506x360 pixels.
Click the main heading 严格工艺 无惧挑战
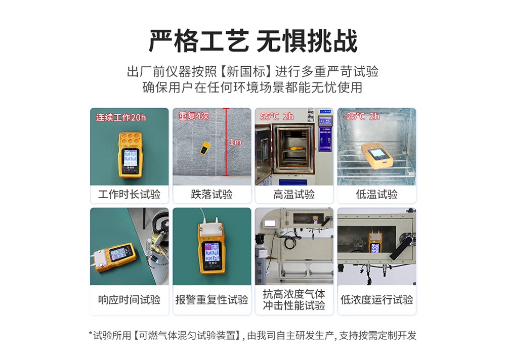[252, 40]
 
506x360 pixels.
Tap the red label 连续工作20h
[121, 117]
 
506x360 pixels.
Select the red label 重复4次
[194, 116]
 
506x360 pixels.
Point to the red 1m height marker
[235, 142]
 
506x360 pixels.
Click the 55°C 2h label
[277, 116]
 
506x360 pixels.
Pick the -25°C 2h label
[361, 116]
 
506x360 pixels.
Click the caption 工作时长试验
[129, 194]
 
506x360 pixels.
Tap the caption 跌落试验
[212, 194]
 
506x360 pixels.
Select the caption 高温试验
[294, 194]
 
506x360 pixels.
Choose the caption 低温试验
[376, 194]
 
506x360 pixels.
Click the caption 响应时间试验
[129, 299]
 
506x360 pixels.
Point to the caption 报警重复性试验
[212, 299]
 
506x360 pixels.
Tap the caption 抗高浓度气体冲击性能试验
[294, 299]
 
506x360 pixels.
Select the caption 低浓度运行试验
[376, 299]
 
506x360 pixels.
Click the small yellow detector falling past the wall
[204, 148]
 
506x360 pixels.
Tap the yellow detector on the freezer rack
[376, 154]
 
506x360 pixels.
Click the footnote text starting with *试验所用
[252, 335]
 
